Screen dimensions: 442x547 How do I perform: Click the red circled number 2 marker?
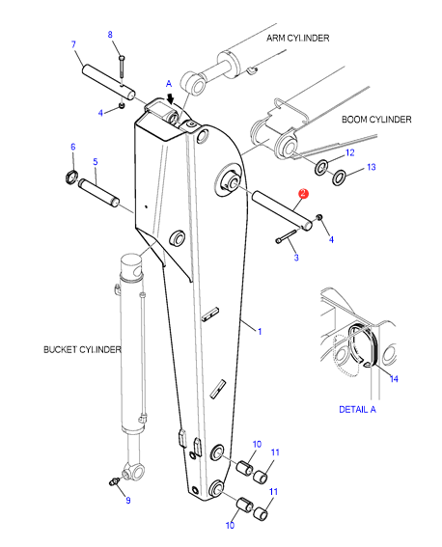pyautogui.click(x=303, y=194)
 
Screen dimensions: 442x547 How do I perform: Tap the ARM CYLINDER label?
pyautogui.click(x=297, y=38)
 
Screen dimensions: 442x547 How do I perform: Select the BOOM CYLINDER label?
pyautogui.click(x=376, y=120)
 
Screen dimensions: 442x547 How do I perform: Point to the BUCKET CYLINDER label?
pyautogui.click(x=82, y=349)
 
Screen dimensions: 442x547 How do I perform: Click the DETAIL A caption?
pyautogui.click(x=358, y=409)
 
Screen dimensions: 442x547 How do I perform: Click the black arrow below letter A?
pyautogui.click(x=170, y=98)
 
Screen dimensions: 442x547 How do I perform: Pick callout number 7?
pyautogui.click(x=73, y=44)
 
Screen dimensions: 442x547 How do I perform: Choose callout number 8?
pyautogui.click(x=110, y=35)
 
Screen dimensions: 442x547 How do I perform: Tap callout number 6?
pyautogui.click(x=73, y=147)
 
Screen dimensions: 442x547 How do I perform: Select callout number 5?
pyautogui.click(x=96, y=161)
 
